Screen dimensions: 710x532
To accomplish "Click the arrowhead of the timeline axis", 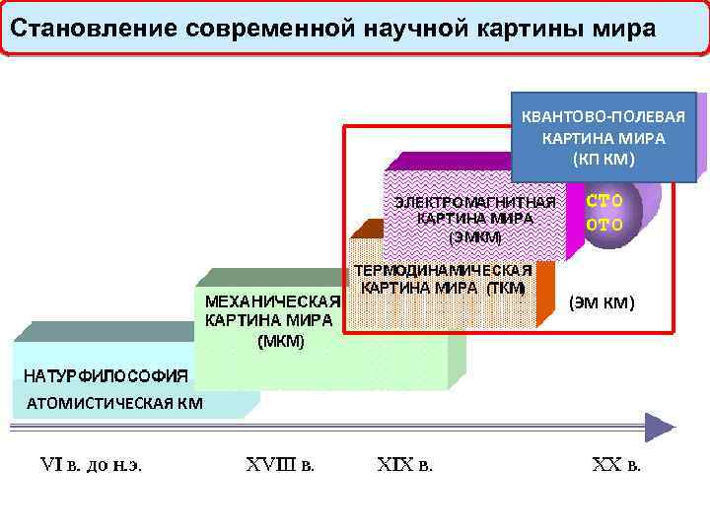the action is click(x=661, y=428).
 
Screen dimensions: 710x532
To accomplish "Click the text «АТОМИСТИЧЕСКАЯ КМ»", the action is click(x=114, y=402).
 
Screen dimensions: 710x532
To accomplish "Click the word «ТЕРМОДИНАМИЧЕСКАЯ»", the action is click(x=443, y=269).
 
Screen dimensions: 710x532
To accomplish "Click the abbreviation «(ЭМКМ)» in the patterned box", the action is click(x=475, y=237).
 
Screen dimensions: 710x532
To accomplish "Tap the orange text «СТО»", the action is click(x=604, y=201).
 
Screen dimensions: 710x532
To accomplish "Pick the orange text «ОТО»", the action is click(x=604, y=224).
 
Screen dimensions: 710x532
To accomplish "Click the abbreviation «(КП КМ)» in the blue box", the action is click(x=603, y=159).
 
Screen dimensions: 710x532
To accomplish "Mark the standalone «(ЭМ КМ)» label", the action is click(x=602, y=302).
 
